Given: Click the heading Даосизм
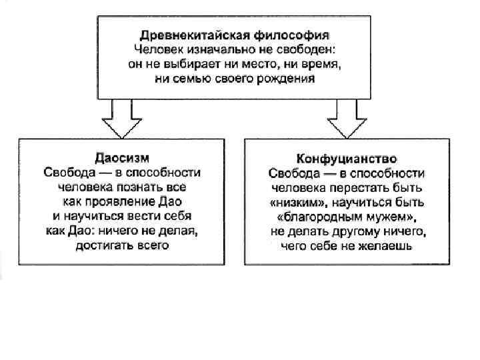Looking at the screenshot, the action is (122, 158).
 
